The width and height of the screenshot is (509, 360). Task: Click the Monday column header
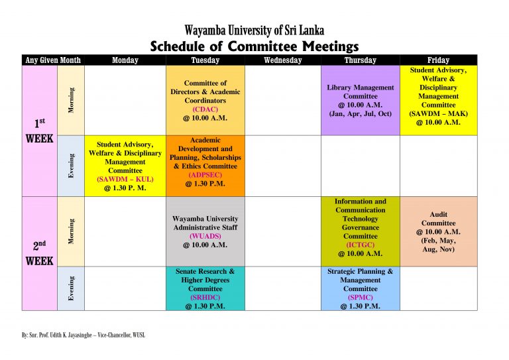(x=125, y=60)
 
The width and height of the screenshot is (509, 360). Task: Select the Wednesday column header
(x=283, y=60)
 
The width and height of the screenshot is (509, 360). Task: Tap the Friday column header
(x=438, y=60)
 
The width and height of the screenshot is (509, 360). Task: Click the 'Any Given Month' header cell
(x=53, y=60)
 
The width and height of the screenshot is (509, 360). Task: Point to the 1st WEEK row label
(x=39, y=131)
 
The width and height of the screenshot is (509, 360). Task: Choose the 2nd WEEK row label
(x=39, y=253)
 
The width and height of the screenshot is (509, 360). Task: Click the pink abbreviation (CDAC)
(x=205, y=109)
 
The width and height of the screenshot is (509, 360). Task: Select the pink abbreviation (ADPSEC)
(x=205, y=175)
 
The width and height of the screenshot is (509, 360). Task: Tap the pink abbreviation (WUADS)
(x=205, y=236)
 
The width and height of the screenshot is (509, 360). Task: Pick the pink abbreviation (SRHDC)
(x=205, y=298)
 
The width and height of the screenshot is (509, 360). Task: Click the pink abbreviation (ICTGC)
(x=360, y=245)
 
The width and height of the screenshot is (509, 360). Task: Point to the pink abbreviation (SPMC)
(x=360, y=298)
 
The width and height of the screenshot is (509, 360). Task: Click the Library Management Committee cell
(x=360, y=100)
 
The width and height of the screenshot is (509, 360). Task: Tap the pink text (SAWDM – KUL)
(x=125, y=179)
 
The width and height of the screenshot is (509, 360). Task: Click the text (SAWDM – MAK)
(x=438, y=113)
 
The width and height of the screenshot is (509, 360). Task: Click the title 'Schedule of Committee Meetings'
(x=254, y=46)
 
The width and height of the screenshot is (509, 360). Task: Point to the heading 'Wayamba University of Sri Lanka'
(x=254, y=30)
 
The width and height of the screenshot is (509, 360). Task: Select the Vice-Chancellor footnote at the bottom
(x=84, y=335)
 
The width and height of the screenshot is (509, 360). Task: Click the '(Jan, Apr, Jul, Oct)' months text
(x=360, y=113)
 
